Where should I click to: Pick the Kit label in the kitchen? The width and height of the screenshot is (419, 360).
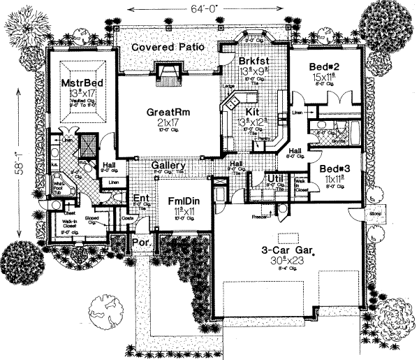pyautogui.click(x=253, y=111)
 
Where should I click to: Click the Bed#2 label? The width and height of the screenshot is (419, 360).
pyautogui.click(x=324, y=66)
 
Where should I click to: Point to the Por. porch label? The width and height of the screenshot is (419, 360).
pyautogui.click(x=140, y=244)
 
